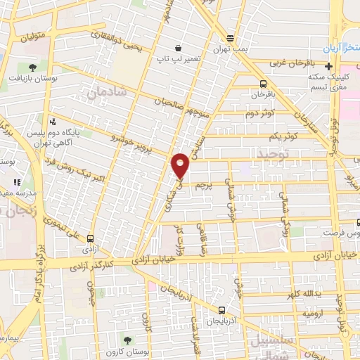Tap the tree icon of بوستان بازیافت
(32, 68)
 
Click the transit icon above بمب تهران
(231, 39)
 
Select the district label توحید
(273, 153)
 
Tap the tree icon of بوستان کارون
(127, 340)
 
